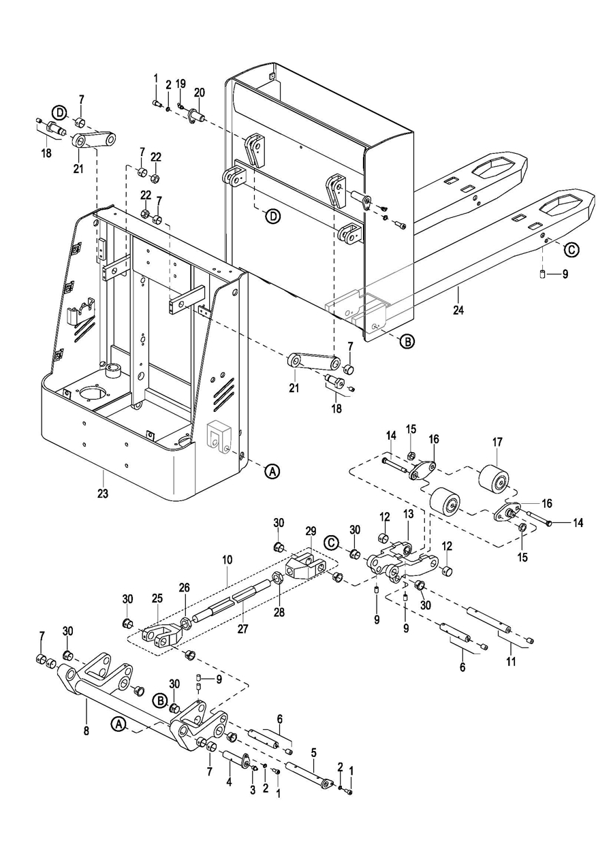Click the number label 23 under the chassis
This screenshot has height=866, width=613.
[x=103, y=494]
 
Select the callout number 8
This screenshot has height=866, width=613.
[x=87, y=731]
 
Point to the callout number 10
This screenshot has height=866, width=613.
[x=227, y=560]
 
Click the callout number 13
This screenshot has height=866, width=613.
[x=408, y=514]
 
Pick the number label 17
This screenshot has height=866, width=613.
[x=497, y=442]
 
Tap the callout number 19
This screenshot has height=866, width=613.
[x=180, y=84]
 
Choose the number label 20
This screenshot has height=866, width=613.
[x=200, y=93]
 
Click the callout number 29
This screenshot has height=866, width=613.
[x=311, y=530]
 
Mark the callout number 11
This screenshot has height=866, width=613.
[x=512, y=662]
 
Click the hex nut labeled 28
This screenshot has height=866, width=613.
[x=277, y=579]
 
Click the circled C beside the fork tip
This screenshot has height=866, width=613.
[x=571, y=250]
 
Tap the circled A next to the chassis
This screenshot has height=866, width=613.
[x=272, y=471]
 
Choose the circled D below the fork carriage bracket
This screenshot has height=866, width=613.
[x=273, y=216]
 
